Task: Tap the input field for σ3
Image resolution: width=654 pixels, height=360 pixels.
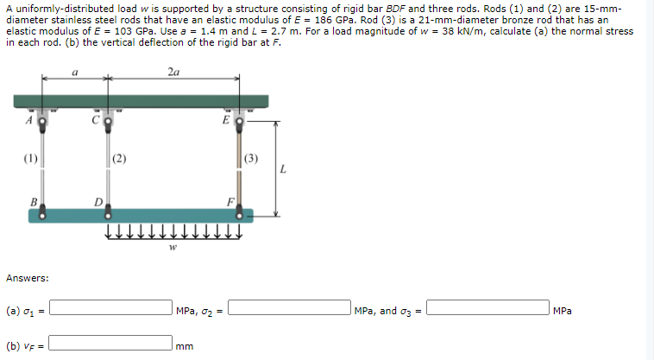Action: (x=487, y=310)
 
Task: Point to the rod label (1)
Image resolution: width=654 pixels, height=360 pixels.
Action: (x=29, y=158)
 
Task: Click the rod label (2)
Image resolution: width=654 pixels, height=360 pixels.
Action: (x=119, y=158)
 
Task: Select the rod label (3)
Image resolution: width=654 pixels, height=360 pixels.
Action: (x=250, y=158)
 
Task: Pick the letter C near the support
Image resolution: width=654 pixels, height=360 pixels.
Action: (x=97, y=120)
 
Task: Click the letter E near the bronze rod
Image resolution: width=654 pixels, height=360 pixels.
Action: (x=223, y=120)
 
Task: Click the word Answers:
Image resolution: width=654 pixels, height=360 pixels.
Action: (x=27, y=278)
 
